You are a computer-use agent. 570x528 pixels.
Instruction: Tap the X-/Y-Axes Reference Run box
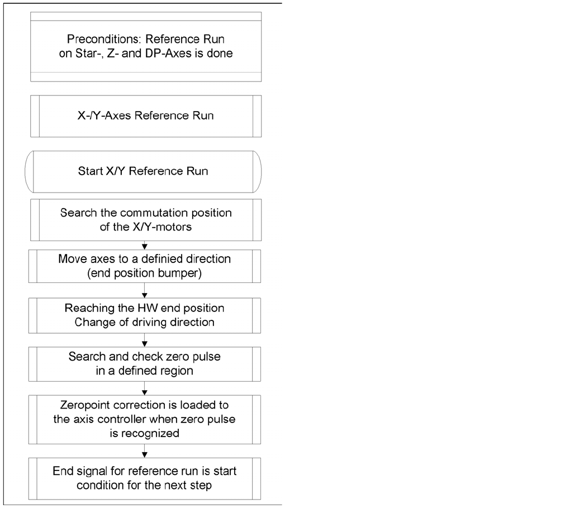coord(145,117)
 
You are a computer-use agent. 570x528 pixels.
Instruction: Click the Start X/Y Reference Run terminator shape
coord(143,171)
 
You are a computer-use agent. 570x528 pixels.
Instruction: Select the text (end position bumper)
coord(145,273)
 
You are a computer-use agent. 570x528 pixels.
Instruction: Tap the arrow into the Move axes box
coord(145,246)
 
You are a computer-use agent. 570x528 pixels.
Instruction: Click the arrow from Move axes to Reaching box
coord(145,292)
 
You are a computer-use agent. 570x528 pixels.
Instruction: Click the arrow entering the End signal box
coord(145,453)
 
